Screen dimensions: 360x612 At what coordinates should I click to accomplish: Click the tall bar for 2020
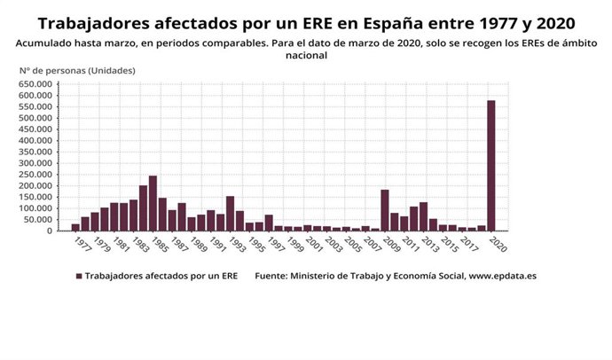pyautogui.click(x=490, y=166)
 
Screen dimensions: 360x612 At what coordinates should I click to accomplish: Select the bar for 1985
pyautogui.click(x=153, y=203)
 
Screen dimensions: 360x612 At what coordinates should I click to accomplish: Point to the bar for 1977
pyautogui.click(x=75, y=227)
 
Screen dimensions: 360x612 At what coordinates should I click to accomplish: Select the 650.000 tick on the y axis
pyautogui.click(x=36, y=84)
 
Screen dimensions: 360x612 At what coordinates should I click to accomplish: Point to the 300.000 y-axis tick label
pyautogui.click(x=36, y=163)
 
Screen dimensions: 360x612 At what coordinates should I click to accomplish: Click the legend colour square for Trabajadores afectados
pyautogui.click(x=79, y=276)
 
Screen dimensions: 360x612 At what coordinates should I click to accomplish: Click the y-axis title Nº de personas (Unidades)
pyautogui.click(x=78, y=69)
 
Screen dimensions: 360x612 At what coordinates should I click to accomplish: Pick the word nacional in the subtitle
pyautogui.click(x=306, y=54)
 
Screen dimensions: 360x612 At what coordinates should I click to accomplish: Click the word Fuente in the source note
pyautogui.click(x=271, y=276)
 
